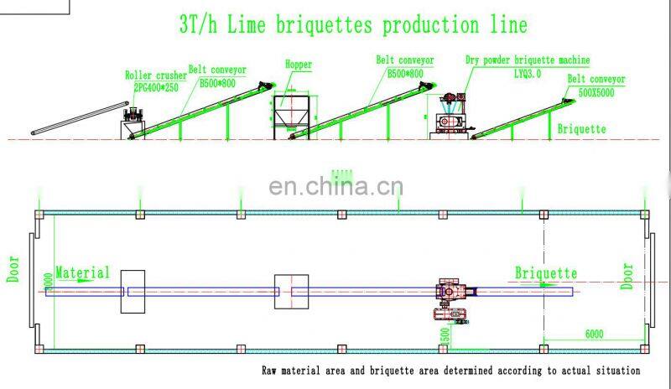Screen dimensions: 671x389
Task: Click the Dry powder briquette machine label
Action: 528,60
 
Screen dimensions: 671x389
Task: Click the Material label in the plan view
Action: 82,272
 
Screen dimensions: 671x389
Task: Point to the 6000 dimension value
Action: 594,334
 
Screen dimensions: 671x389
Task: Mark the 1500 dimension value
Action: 445,336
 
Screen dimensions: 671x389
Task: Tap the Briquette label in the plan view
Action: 545,273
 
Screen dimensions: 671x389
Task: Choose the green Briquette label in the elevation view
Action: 581,129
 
